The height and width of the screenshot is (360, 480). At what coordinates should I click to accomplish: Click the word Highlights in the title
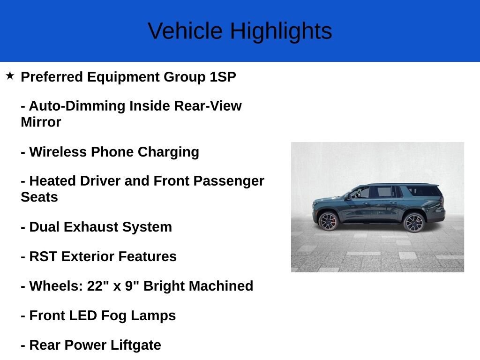tap(281, 31)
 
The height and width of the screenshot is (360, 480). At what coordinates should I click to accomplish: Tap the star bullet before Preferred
tap(10, 75)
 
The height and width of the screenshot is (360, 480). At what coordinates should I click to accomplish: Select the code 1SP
tap(223, 77)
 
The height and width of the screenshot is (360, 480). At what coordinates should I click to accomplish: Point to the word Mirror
tap(41, 122)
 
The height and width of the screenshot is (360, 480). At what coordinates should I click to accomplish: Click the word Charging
tap(168, 152)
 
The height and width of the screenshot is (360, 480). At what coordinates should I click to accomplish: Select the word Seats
tap(39, 197)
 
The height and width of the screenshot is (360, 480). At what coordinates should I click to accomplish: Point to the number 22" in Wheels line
tap(98, 286)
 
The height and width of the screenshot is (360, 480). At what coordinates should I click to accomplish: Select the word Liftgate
tap(136, 345)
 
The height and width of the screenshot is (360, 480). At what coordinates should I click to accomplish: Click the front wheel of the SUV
tap(328, 221)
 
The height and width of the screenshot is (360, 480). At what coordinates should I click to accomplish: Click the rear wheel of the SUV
tap(413, 222)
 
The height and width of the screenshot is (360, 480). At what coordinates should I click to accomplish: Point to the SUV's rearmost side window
tap(423, 191)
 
